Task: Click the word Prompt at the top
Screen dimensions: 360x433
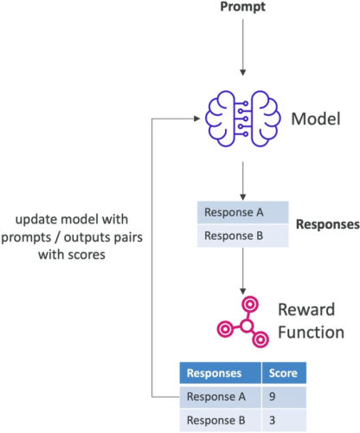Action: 242,7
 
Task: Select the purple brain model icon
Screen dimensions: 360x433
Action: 242,119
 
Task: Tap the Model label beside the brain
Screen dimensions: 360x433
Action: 316,119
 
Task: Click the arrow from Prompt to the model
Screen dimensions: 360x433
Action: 243,48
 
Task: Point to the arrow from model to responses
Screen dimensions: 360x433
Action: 243,181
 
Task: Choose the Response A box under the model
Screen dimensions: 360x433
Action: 243,212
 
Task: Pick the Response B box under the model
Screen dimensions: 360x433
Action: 243,236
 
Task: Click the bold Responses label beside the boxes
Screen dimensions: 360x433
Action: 328,224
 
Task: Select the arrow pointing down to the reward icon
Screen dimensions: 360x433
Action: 243,271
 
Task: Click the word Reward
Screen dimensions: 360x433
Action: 306,309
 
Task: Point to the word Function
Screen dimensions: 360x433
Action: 311,332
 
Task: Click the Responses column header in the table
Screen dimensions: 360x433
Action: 221,373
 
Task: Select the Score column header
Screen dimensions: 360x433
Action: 284,373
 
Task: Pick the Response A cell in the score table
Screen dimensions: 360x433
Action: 221,397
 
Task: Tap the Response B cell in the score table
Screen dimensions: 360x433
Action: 221,420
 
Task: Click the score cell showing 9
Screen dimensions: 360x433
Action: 284,397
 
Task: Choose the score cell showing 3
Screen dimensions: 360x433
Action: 284,420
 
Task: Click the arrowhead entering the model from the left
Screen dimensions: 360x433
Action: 197,119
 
